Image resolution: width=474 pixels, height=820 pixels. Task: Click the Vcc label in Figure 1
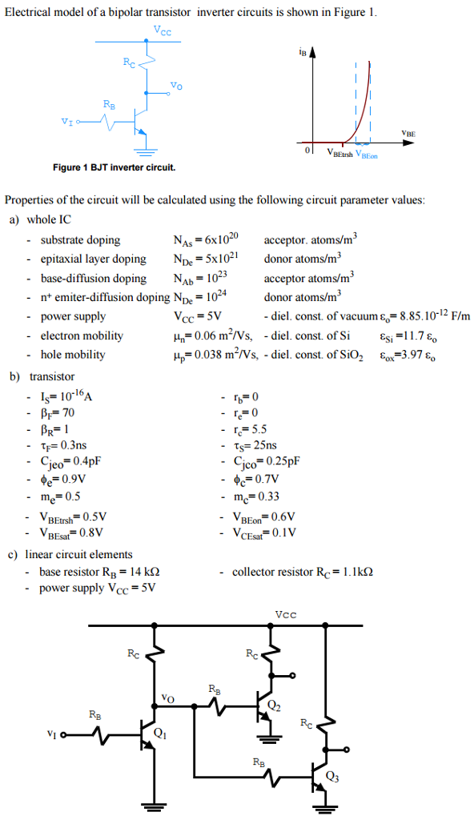coord(163,31)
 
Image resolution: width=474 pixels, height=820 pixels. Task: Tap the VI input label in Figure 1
coord(67,122)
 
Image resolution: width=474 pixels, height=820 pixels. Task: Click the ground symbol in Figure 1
coord(145,151)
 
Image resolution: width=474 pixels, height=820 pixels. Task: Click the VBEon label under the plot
coord(367,155)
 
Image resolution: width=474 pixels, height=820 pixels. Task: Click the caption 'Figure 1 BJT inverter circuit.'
coord(114,168)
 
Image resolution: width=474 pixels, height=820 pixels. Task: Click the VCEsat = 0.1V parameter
coord(263,531)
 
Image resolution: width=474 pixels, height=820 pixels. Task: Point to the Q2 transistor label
coord(275,705)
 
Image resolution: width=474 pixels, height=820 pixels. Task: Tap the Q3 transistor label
coord(332,775)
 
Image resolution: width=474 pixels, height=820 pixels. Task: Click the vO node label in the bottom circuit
coord(167,698)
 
